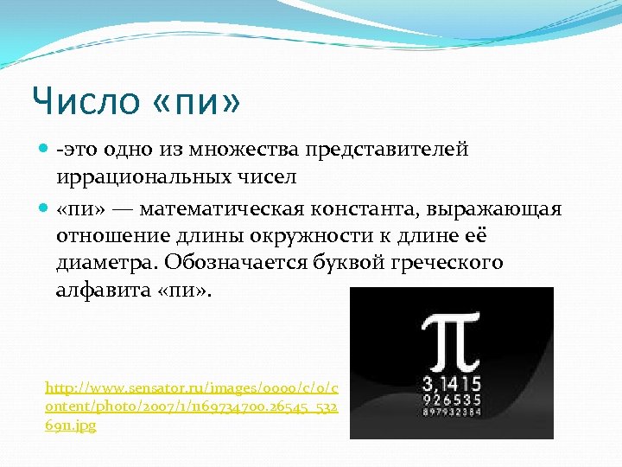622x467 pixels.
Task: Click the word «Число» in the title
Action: (x=85, y=102)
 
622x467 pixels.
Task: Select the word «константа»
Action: (x=375, y=210)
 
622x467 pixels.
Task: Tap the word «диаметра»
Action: (x=108, y=263)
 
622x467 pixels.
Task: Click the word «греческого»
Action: (x=438, y=263)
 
